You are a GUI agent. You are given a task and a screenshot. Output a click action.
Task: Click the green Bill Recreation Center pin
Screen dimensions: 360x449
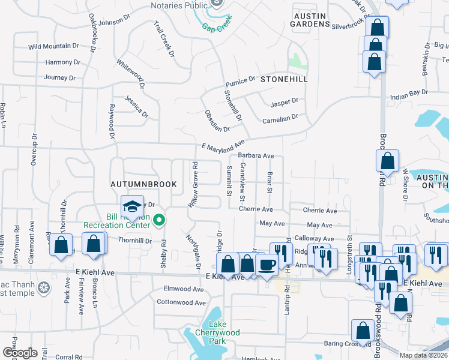pos(158,221)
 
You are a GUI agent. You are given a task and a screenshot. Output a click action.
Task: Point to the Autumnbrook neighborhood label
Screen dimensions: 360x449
pos(143,184)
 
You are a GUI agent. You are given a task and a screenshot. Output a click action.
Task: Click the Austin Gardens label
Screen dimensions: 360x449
pos(310,19)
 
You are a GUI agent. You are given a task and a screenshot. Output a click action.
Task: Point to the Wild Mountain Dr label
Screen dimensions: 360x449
pos(53,46)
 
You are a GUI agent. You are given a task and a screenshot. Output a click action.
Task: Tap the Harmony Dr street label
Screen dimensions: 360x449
pos(58,62)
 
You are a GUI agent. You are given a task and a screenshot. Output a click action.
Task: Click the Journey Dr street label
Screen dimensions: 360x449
pos(59,77)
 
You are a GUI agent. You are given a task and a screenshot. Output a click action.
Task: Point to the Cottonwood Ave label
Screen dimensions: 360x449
pos(181,302)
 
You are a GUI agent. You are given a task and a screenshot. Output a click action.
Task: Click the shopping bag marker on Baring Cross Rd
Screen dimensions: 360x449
pos(363,331)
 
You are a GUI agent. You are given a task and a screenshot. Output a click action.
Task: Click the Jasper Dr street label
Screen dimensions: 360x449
pos(284,102)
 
